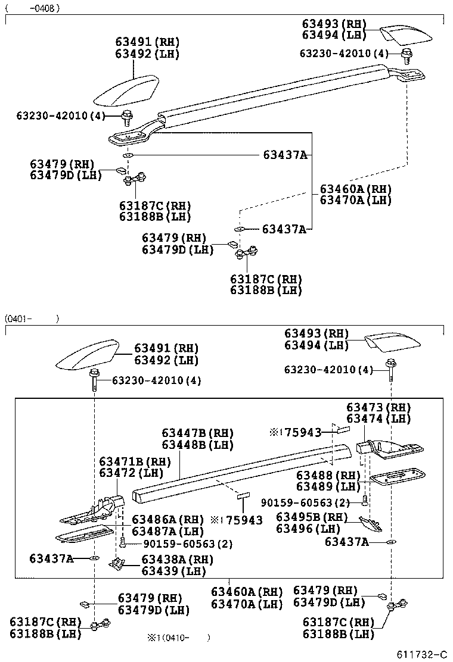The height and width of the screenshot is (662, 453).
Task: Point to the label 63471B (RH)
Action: click(135, 461)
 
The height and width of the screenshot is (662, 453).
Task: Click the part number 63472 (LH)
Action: click(131, 473)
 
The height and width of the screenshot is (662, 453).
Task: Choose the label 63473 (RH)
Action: click(379, 407)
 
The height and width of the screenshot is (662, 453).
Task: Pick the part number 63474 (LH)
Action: click(379, 419)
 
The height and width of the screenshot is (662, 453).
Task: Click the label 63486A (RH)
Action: click(168, 519)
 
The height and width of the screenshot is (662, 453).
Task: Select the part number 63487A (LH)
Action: click(168, 531)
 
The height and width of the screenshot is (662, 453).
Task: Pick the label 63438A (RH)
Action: click(178, 560)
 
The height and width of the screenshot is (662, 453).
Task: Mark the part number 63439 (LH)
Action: click(173, 572)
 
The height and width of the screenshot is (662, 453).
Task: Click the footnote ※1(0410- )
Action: click(179, 638)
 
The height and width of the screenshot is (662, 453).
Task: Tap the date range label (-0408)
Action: click(33, 8)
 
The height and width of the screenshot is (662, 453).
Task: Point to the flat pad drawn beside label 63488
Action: click(397, 476)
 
